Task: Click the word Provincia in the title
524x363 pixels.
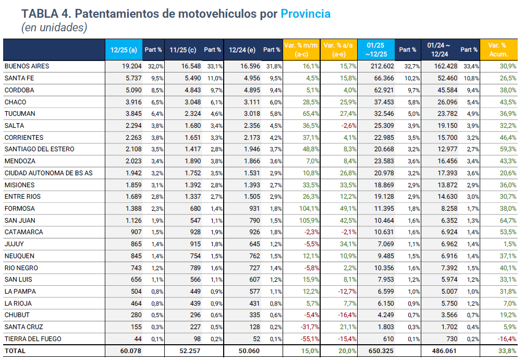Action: pos(306,14)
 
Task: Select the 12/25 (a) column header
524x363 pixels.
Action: pos(124,50)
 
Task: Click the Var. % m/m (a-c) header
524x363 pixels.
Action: pos(301,50)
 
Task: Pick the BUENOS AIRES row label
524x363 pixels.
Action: pos(27,66)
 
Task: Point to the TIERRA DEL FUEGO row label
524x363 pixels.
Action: pos(33,339)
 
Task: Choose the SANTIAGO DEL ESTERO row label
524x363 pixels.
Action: pos(39,149)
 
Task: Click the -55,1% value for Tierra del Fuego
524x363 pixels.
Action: pos(309,339)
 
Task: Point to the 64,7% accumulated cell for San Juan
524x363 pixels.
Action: pos(507,220)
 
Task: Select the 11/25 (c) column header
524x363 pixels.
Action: pos(182,50)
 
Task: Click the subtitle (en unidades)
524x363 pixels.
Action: pos(54,28)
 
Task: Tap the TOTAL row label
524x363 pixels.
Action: pos(15,351)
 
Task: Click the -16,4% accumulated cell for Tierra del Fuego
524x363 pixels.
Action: pos(506,339)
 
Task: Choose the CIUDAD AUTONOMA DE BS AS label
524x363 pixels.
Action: pos(48,173)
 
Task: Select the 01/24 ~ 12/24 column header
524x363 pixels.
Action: pos(439,50)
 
